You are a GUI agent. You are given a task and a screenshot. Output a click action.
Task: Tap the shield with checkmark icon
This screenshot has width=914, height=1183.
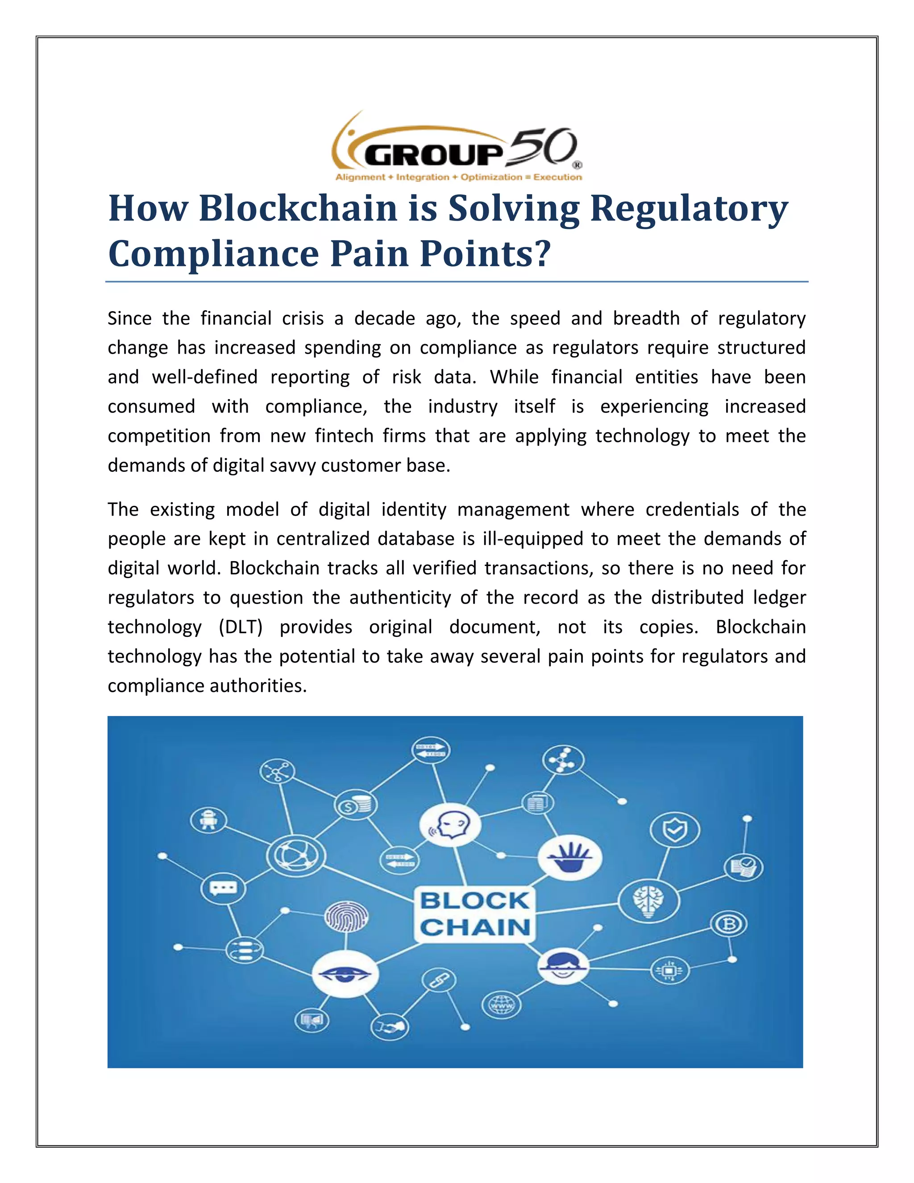[675, 830]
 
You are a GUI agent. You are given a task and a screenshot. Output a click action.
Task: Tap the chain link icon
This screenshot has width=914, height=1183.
[439, 979]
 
